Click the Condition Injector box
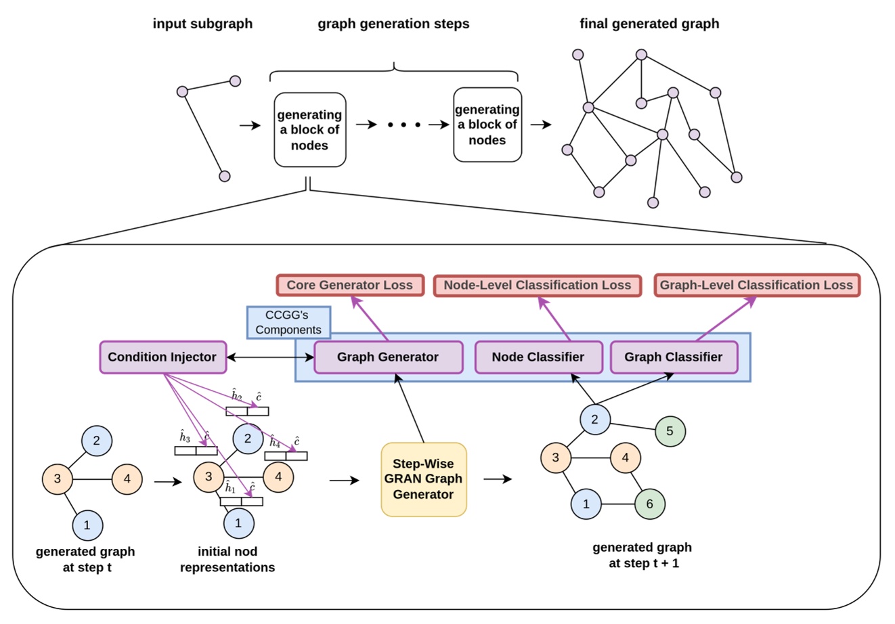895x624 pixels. (162, 357)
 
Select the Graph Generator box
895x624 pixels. (388, 357)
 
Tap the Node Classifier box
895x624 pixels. (538, 357)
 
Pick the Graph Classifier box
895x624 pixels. (673, 357)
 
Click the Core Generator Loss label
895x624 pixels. (349, 285)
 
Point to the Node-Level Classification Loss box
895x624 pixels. (537, 285)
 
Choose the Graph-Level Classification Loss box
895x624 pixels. (756, 285)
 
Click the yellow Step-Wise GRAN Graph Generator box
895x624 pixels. (423, 479)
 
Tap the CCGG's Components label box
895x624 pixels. (288, 323)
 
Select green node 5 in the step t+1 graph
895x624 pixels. (670, 430)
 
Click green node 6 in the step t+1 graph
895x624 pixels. (649, 504)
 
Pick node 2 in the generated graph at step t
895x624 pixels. (97, 441)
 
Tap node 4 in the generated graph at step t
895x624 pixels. (127, 479)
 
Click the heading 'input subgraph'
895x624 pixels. (202, 24)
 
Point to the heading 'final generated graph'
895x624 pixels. (649, 24)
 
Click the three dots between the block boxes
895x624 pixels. (404, 125)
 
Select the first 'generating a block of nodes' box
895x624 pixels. (309, 130)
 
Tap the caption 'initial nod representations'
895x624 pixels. (227, 559)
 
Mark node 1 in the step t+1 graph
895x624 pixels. (586, 504)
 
